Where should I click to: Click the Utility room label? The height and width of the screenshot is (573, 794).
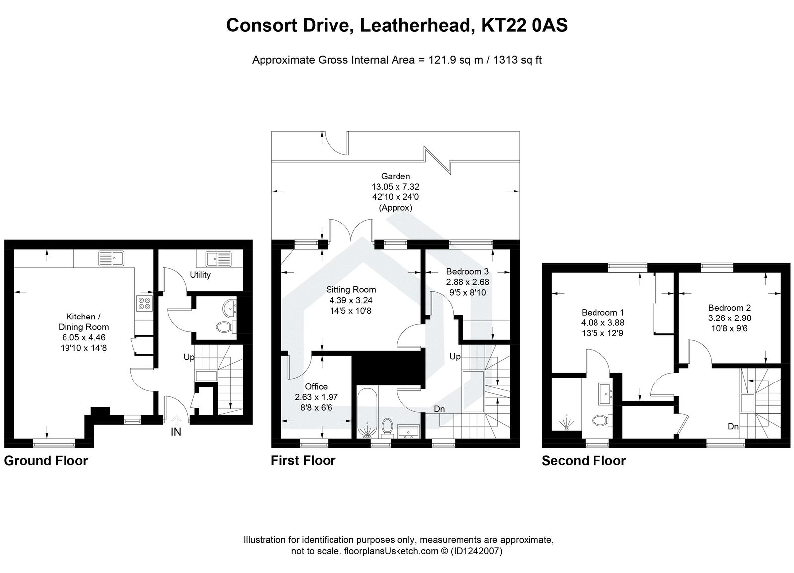200,275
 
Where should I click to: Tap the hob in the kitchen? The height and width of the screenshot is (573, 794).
144,303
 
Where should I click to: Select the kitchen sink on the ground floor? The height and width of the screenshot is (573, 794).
111,258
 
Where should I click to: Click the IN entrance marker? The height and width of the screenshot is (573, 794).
176,432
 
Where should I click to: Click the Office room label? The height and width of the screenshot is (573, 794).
316,387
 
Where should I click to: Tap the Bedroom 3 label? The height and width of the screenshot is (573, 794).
467,271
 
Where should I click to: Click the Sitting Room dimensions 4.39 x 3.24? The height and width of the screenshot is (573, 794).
351,300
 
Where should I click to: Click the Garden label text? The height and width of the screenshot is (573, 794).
396,176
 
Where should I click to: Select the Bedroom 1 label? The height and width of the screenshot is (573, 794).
602,313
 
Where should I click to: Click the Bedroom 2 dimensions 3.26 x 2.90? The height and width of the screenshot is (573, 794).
729,318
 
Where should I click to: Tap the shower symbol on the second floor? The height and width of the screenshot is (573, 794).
567,423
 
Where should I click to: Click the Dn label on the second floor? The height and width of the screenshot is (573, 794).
734,426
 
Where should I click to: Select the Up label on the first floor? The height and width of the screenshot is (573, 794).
455,357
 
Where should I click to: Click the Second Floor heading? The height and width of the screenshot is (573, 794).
584,461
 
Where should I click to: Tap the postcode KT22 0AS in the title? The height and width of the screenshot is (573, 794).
525,25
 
